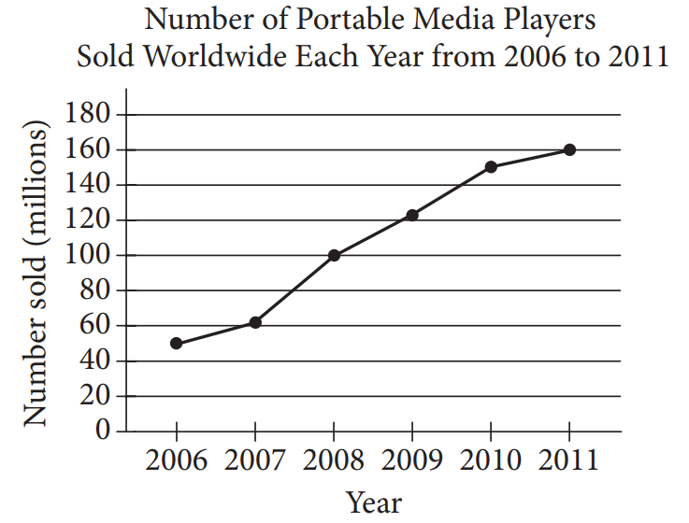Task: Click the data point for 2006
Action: [x=176, y=343]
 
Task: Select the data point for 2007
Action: [x=254, y=322]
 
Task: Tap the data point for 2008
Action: [x=334, y=255]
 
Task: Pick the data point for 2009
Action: [x=412, y=215]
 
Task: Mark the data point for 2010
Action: [x=491, y=167]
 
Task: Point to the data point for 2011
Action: [x=569, y=149]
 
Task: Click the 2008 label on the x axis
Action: [x=334, y=461]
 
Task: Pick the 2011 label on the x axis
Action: [x=569, y=461]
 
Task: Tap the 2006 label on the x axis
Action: [x=176, y=461]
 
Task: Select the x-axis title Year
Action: [x=373, y=502]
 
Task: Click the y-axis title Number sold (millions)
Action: [x=36, y=275]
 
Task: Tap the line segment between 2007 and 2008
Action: [x=294, y=289]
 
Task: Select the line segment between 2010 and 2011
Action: [x=530, y=158]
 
